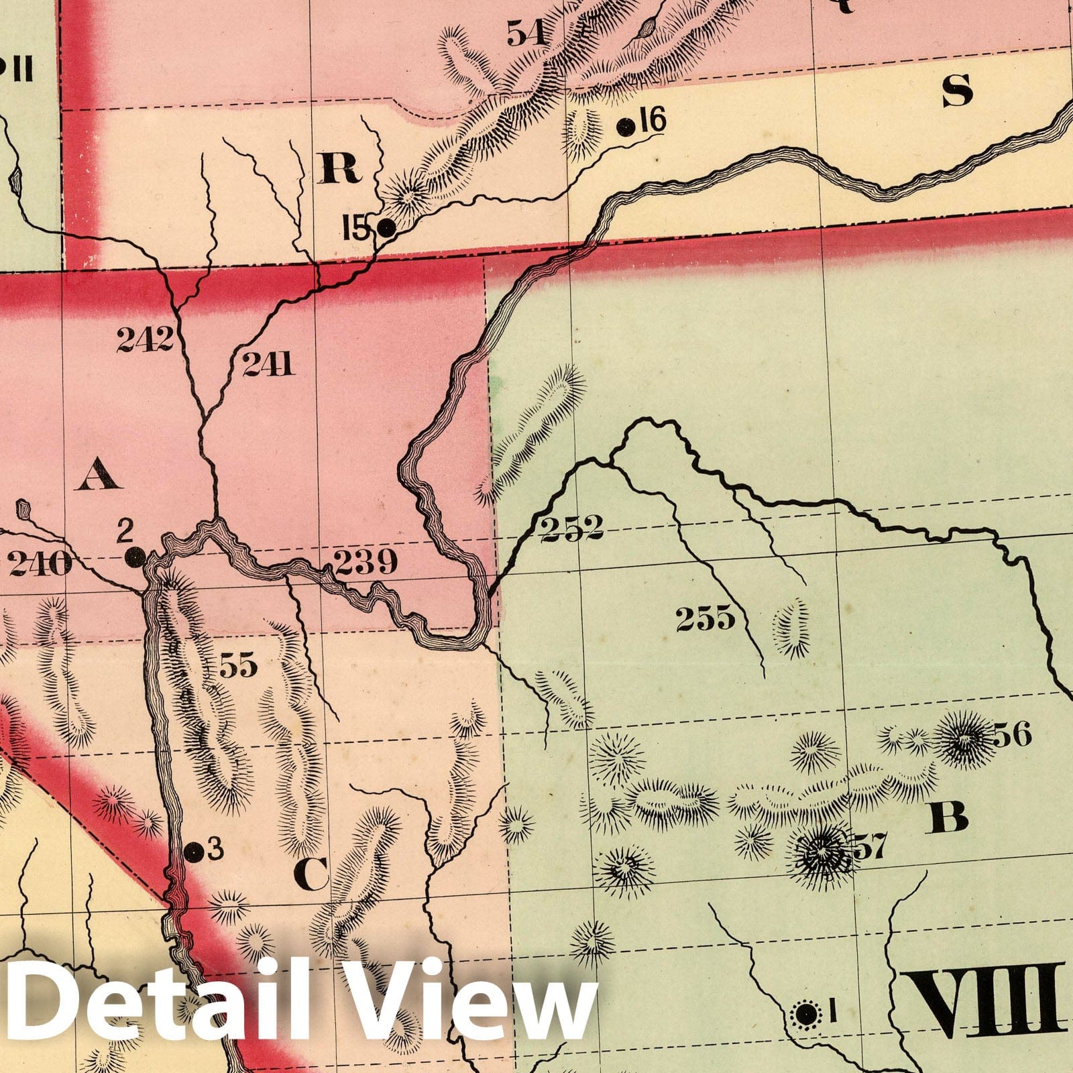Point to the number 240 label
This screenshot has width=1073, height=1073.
(x=40, y=564)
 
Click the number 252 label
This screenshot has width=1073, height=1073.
(x=571, y=528)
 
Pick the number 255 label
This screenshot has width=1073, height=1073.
(x=705, y=619)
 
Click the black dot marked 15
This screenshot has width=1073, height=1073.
(x=386, y=229)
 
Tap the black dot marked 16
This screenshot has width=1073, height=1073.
(x=626, y=126)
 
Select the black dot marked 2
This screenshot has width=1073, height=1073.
(x=135, y=556)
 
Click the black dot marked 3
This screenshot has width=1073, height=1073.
(x=193, y=852)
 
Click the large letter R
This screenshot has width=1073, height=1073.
(x=339, y=167)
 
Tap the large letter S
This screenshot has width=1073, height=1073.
(x=957, y=91)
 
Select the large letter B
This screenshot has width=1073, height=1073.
(x=949, y=816)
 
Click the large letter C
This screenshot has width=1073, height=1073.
(x=311, y=874)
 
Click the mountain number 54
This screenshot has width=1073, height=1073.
(x=526, y=32)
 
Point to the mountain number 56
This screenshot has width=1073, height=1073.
(x=1011, y=736)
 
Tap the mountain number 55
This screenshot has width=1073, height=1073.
(x=238, y=666)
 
